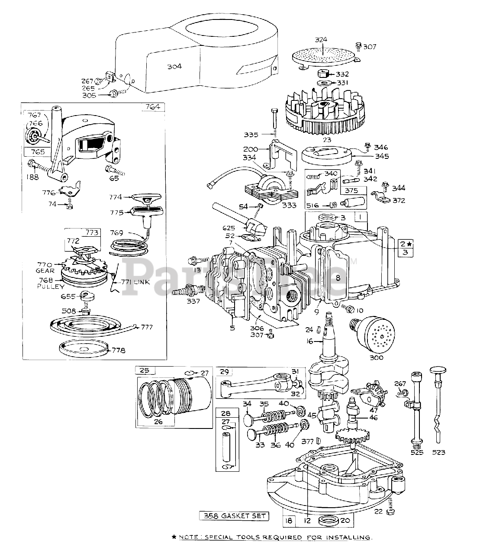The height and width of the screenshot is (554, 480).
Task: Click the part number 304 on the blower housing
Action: pos(174,66)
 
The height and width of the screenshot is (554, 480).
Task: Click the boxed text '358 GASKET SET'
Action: pos(234,516)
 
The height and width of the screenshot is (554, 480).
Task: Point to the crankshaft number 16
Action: pos(309,341)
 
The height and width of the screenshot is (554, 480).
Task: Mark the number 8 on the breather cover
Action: pos(338,279)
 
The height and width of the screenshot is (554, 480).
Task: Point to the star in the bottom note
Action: pos(174,538)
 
